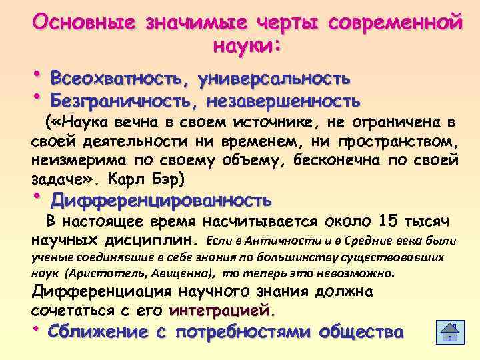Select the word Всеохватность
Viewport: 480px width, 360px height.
119,78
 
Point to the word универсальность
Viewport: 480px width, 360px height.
275,78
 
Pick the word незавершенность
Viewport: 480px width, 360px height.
285,101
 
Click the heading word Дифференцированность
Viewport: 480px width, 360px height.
161,199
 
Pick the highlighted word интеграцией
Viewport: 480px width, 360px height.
222,311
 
